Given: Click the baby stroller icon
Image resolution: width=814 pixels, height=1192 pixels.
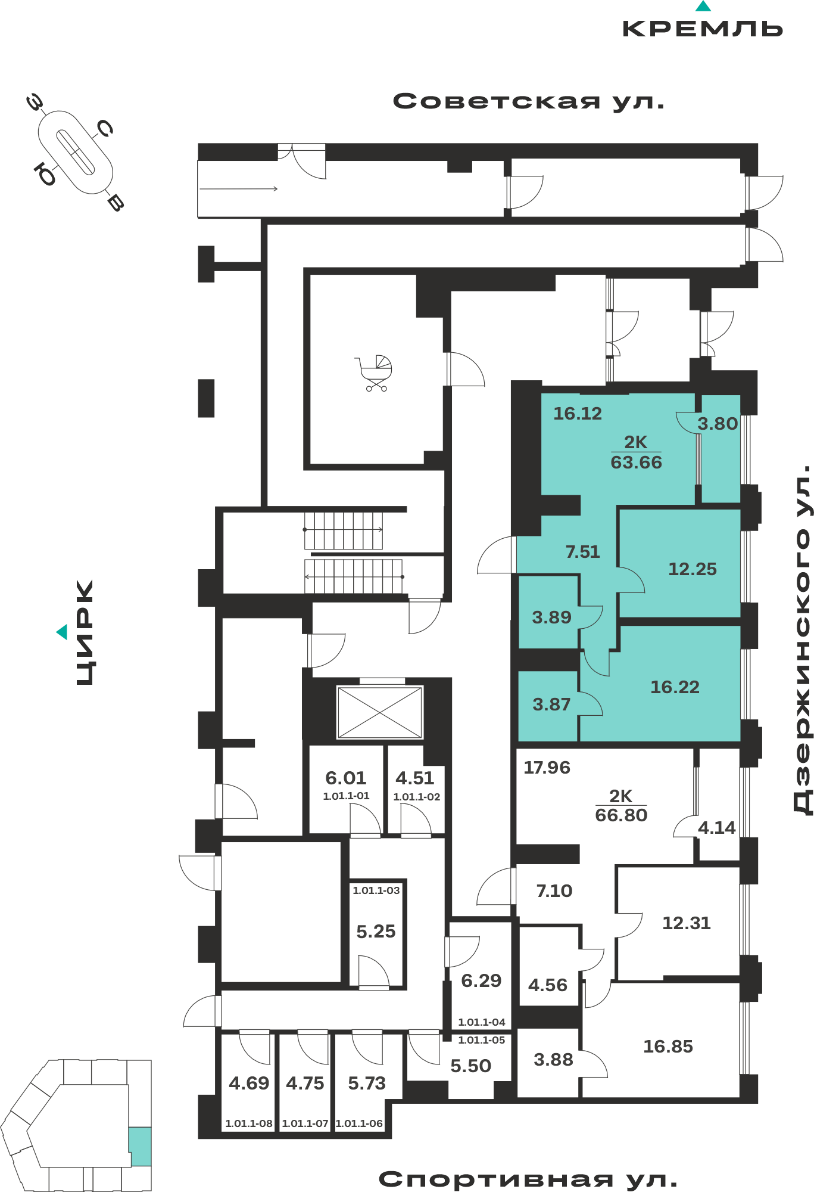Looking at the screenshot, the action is pos(375,373).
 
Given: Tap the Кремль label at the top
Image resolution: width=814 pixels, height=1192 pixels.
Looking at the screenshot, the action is pos(703,29).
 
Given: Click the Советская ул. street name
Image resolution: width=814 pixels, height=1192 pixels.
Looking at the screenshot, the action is pos(528,101).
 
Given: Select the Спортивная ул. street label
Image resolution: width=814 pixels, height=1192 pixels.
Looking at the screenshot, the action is pos(528,1179).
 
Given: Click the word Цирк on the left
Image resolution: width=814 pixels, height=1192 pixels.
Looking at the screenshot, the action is pos(85,632).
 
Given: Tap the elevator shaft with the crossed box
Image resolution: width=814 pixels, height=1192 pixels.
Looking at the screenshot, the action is pos(379,712).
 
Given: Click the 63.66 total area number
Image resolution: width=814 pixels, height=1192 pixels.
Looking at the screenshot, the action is pos(636,462).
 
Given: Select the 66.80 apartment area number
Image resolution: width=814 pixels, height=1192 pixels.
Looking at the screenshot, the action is pos(621,815).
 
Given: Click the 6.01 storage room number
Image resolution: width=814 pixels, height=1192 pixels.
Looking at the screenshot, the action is pos(345,778).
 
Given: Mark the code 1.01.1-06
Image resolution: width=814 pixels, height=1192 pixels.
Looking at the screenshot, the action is pos(359,1123).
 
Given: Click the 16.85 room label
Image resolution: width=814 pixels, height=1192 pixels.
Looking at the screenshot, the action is pos(668,1047).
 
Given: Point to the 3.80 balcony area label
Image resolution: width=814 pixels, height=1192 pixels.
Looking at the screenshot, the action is pos(718,424).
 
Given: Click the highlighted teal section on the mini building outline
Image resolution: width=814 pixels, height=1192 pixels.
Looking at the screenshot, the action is pos(141,1146).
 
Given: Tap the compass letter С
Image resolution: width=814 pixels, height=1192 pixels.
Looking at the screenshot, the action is pos(105,128).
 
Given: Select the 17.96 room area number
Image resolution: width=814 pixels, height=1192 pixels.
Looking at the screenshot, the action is pos(547,768).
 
